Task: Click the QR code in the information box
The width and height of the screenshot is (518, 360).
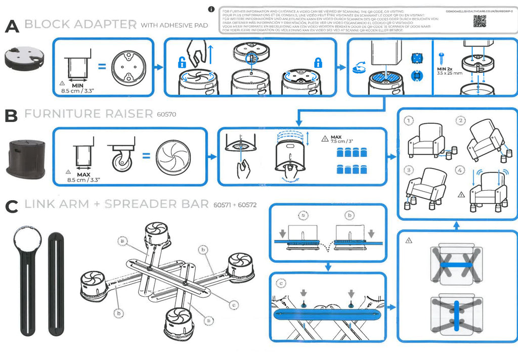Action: [480, 21]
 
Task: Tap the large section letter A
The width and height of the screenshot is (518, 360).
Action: [12, 26]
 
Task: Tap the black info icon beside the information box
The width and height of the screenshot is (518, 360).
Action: [211, 10]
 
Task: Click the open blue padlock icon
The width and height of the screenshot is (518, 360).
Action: [181, 63]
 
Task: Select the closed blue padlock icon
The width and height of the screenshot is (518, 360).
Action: [318, 63]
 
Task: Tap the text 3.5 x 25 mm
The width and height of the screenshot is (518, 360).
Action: [450, 73]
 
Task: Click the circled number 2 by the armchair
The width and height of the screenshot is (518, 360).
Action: [460, 120]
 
